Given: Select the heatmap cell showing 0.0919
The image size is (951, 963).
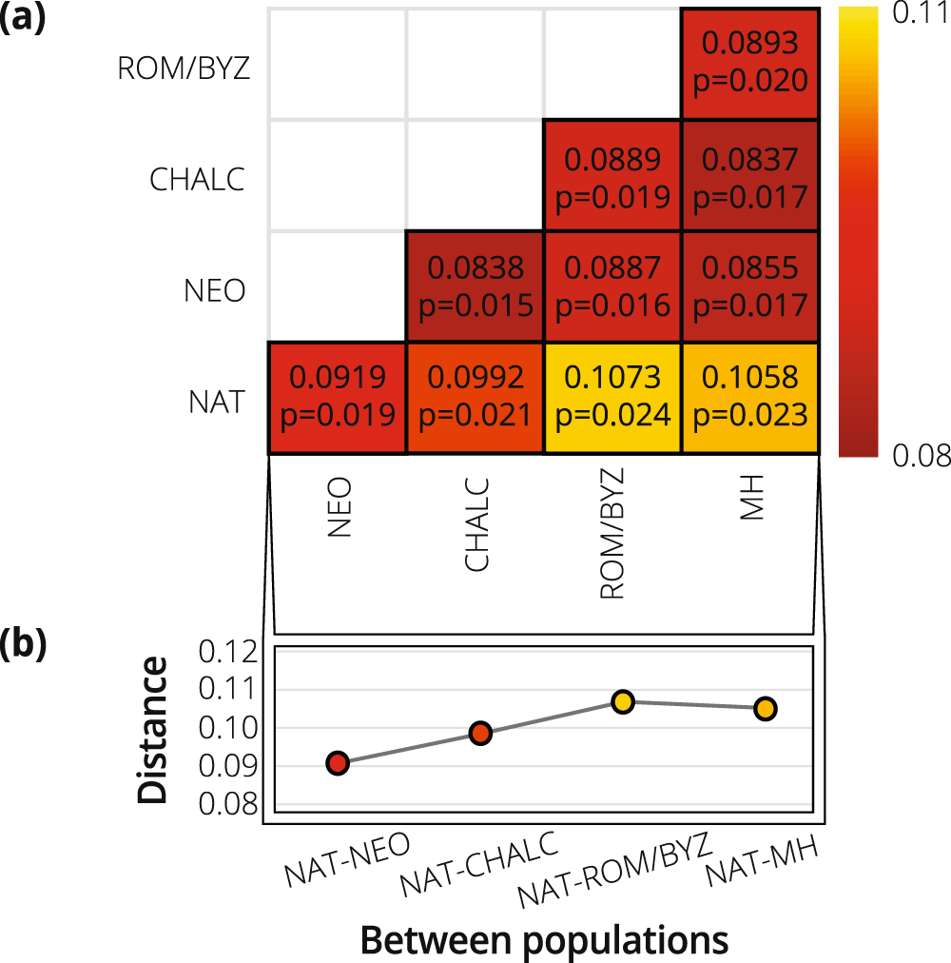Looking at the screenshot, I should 338,398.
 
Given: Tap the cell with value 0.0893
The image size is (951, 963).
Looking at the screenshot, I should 747,63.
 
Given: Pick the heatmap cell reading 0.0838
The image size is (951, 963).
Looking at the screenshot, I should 475,286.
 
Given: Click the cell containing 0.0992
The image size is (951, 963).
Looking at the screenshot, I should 475,398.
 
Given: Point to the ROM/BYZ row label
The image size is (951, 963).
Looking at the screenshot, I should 183,69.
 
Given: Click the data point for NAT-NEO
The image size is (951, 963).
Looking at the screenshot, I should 338,763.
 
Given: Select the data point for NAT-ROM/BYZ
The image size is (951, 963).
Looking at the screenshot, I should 623,702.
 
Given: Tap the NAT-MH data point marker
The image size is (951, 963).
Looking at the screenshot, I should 766,709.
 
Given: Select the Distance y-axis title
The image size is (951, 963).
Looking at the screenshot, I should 152,728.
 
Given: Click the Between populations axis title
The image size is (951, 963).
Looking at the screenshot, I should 544,940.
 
